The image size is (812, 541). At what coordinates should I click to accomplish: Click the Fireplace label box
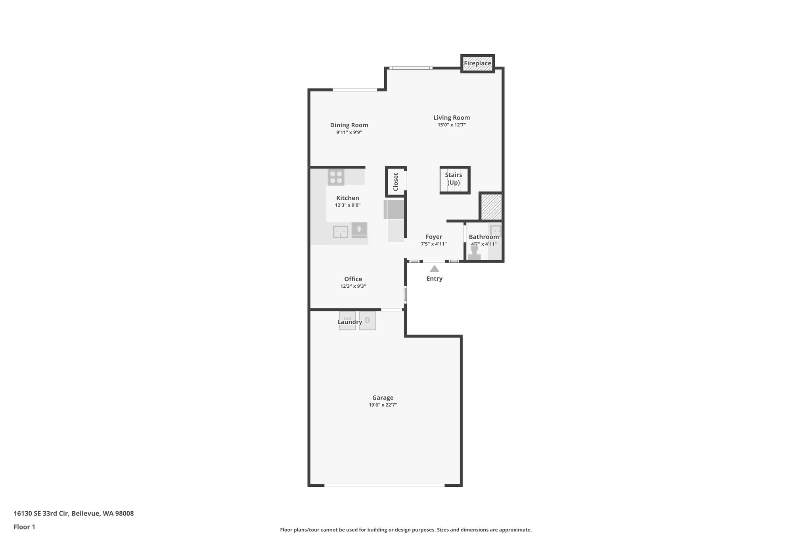[477, 63]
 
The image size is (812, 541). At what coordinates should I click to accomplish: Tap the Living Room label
[451, 118]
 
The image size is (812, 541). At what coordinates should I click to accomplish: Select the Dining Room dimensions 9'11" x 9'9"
[349, 133]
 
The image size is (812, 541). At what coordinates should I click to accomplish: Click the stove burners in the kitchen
[336, 177]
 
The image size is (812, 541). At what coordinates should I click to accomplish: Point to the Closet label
[396, 182]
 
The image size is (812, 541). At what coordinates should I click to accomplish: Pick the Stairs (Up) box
[454, 180]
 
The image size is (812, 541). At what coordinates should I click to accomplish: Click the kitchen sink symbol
[341, 231]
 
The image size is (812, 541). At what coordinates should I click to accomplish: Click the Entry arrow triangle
[435, 269]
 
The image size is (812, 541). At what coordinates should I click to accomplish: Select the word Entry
[434, 279]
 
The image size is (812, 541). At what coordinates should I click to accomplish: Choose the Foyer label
[434, 237]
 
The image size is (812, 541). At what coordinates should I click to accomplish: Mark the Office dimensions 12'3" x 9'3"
[353, 286]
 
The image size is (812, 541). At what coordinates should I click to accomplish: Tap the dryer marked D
[368, 320]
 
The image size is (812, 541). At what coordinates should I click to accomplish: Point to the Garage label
[383, 398]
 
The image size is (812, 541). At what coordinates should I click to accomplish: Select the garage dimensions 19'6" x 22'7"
[383, 405]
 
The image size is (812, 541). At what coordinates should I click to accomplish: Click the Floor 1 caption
[24, 527]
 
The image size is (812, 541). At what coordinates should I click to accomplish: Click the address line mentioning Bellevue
[74, 514]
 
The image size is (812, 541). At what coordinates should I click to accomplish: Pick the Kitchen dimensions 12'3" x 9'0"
[348, 205]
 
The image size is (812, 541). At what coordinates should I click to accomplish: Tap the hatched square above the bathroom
[491, 206]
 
